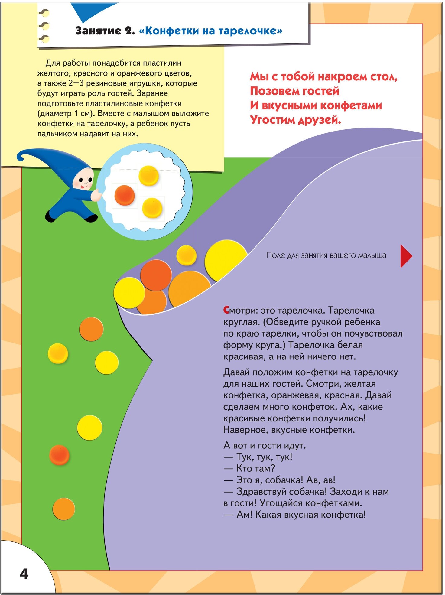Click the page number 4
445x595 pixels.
24,574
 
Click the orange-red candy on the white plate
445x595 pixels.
125,195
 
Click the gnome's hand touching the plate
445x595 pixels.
96,195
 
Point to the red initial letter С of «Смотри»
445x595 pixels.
226,310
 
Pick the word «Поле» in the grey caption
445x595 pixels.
275,255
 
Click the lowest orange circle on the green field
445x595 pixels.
63,509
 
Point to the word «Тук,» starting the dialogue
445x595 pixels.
248,457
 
